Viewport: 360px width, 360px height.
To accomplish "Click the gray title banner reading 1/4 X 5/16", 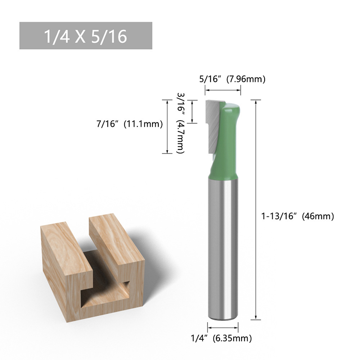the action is pyautogui.click(x=85, y=36).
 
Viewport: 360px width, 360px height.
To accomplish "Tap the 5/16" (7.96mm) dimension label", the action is pyautogui.click(x=232, y=79).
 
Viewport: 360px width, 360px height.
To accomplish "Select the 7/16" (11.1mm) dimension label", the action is pyautogui.click(x=130, y=124).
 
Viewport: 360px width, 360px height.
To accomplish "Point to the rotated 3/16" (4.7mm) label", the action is pyautogui.click(x=181, y=123).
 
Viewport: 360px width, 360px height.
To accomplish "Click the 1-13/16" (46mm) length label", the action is pyautogui.click(x=298, y=216).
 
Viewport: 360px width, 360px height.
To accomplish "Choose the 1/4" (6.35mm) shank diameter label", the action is pyautogui.click(x=221, y=338).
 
